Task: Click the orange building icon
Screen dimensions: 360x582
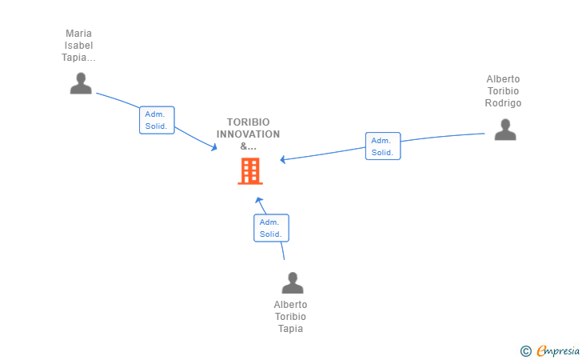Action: coord(249,170)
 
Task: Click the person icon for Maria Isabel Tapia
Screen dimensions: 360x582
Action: coord(81,83)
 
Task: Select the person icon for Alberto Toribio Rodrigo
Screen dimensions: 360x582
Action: coord(504,130)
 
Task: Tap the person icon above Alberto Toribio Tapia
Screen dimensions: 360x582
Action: coord(293,282)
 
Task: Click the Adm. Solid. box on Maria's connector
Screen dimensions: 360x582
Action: coord(157,120)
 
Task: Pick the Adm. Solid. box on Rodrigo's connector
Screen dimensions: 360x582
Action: coord(383,146)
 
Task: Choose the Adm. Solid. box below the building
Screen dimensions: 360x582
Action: coord(271,228)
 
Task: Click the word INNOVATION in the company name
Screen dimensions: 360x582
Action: coord(248,134)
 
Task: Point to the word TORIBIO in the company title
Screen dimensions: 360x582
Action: coord(248,122)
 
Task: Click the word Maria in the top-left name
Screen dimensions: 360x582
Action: coord(78,34)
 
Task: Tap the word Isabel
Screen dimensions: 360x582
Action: coord(78,46)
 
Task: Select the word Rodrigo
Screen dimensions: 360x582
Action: coord(503,103)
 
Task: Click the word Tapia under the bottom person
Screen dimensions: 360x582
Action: coord(290,329)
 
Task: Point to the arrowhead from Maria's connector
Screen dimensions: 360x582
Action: coord(214,147)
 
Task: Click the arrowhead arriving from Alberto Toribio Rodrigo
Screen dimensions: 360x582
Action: coord(283,159)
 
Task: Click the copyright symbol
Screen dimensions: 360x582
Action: coord(525,350)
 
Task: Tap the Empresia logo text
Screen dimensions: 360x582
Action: coord(558,350)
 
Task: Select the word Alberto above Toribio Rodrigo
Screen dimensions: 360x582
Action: coord(503,79)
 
